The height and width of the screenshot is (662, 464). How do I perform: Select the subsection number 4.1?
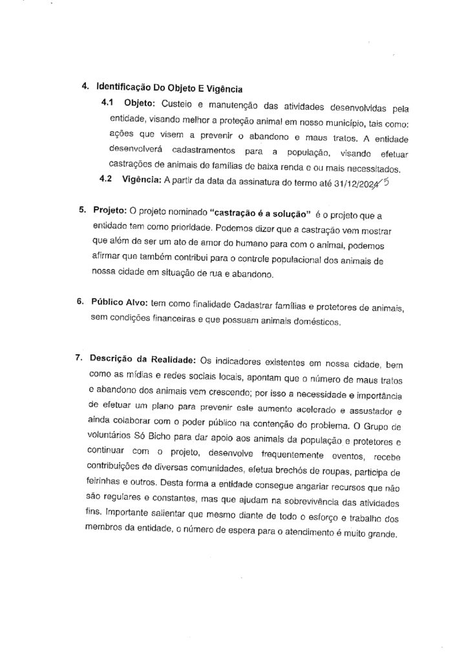(107, 103)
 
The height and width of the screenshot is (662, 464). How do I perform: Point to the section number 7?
(79, 359)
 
